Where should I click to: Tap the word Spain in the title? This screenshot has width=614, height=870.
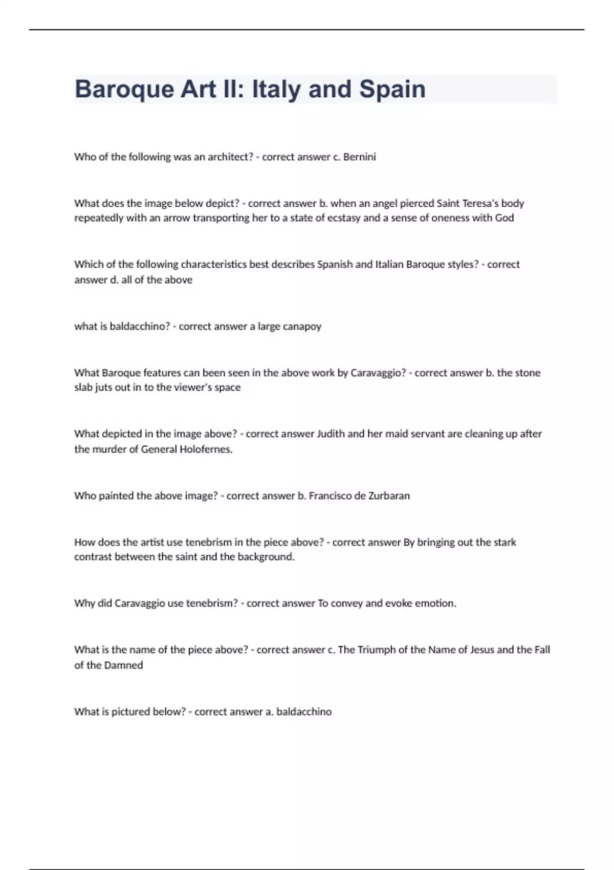click(x=392, y=90)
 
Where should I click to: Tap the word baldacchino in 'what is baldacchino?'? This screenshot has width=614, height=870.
click(x=140, y=327)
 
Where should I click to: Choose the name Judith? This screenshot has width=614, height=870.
click(x=331, y=434)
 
